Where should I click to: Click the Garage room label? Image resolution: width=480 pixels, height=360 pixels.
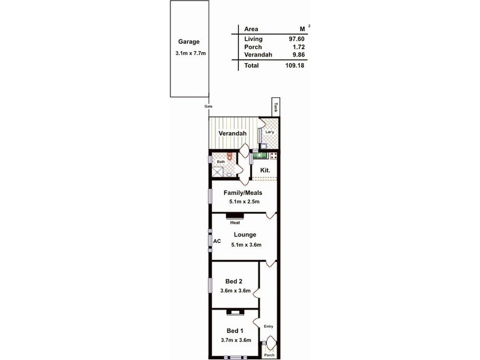pyautogui.click(x=188, y=42)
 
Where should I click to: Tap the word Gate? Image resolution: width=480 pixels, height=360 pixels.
pyautogui.click(x=209, y=106)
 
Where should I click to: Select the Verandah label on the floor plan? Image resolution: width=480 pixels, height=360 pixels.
pyautogui.click(x=227, y=133)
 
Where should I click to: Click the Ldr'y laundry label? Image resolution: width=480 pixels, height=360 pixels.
pyautogui.click(x=270, y=132)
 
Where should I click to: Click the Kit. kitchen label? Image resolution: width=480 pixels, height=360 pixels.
pyautogui.click(x=265, y=170)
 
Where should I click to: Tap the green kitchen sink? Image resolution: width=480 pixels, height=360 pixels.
pyautogui.click(x=259, y=156)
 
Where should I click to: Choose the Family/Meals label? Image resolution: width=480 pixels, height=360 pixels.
pyautogui.click(x=243, y=193)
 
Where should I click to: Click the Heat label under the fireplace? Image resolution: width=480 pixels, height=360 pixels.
pyautogui.click(x=235, y=222)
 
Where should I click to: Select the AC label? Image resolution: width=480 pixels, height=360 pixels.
pyautogui.click(x=217, y=241)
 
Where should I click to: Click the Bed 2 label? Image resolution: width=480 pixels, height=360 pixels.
pyautogui.click(x=233, y=281)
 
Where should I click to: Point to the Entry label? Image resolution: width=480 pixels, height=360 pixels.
pyautogui.click(x=268, y=326)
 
